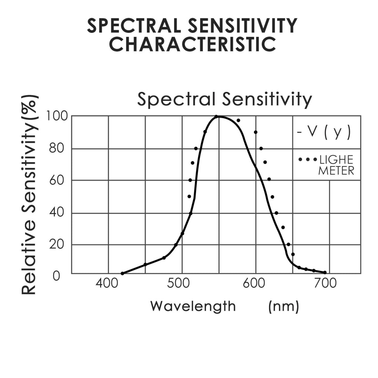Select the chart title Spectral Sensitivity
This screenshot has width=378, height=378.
(224, 99)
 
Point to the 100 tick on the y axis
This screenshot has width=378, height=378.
(56, 116)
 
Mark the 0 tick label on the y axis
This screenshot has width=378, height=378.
(56, 275)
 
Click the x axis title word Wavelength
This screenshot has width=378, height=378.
(193, 306)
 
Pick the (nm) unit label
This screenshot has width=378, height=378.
(283, 306)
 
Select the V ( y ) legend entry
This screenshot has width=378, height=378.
(324, 132)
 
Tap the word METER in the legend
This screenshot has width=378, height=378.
(336, 171)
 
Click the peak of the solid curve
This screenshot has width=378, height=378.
(218, 117)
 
